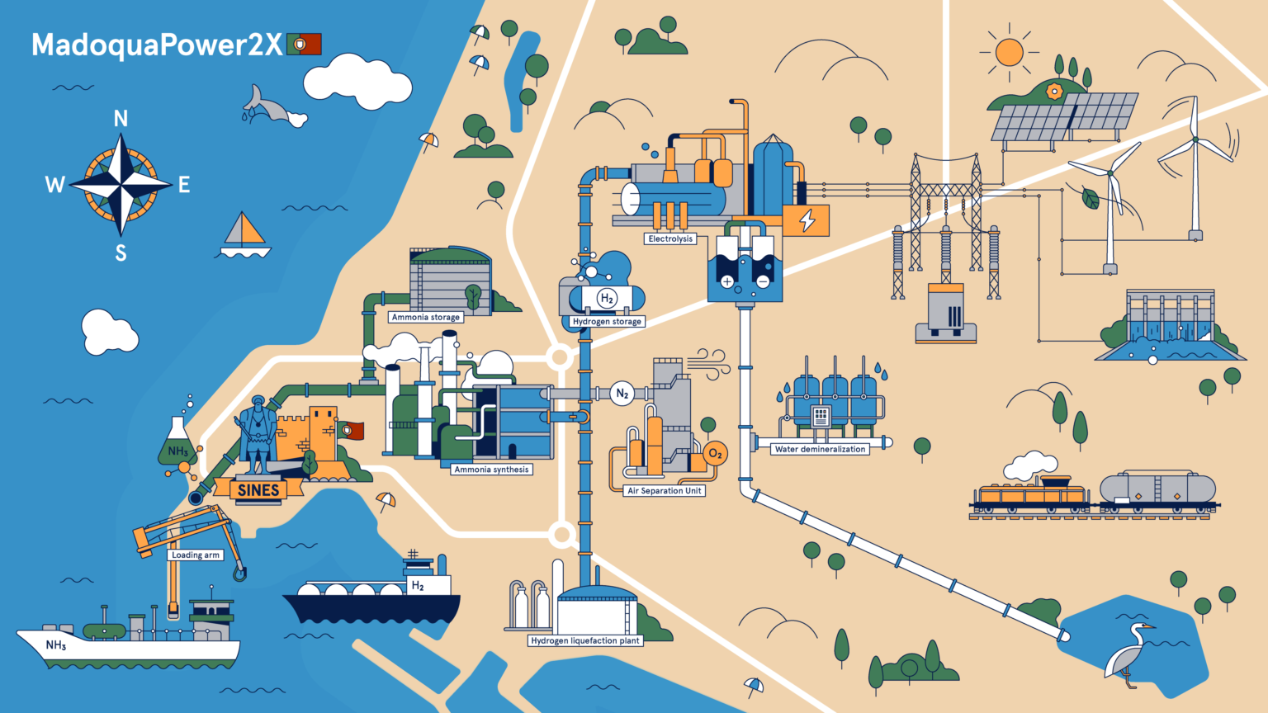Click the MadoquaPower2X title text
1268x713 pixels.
(157, 45)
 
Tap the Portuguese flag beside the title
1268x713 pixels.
(304, 44)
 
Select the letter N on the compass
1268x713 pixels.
(121, 119)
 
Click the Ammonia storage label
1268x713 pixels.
(426, 317)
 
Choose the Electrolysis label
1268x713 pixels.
(670, 238)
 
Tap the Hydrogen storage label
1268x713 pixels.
(607, 322)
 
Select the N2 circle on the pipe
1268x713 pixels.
(622, 394)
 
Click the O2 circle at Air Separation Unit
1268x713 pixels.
(715, 454)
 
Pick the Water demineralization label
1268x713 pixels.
(820, 449)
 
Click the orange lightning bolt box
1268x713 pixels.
(807, 220)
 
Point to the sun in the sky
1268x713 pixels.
(1009, 52)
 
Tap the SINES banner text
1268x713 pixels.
(258, 490)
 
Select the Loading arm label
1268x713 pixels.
(196, 555)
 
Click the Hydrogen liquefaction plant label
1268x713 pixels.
(585, 640)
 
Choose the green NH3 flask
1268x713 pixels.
(177, 446)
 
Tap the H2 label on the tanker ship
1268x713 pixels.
(418, 586)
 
